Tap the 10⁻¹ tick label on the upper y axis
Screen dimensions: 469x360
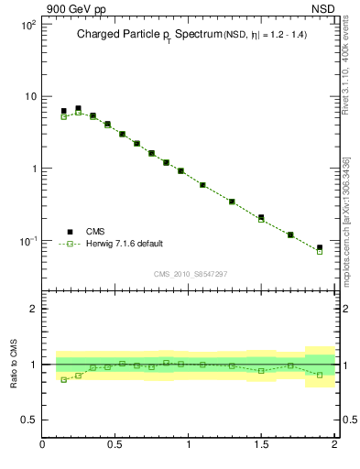(x=27, y=241)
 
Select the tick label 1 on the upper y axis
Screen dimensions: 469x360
(x=32, y=169)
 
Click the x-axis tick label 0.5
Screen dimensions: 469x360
(x=115, y=445)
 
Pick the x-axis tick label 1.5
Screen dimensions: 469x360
(x=262, y=445)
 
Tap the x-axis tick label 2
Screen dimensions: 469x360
(x=334, y=445)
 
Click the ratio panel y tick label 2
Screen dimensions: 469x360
(x=34, y=310)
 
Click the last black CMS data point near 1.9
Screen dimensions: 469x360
(x=320, y=247)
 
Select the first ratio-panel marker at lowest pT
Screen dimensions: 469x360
(x=63, y=379)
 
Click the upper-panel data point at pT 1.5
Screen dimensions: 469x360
(x=261, y=218)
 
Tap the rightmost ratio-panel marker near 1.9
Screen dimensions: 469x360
(x=320, y=375)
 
